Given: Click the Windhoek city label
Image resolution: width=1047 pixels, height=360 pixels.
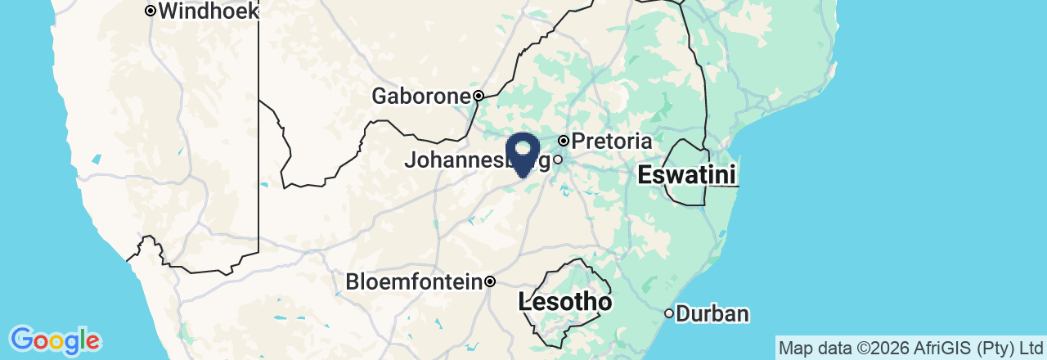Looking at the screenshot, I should point(209,11).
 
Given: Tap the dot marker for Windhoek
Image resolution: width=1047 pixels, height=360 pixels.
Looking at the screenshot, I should point(151,11).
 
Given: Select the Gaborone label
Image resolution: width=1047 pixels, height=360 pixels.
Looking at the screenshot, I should point(421,97).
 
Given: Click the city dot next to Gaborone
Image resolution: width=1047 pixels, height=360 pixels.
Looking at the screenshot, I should point(479,96).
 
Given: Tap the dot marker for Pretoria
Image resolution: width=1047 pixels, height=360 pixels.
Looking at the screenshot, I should point(564,142).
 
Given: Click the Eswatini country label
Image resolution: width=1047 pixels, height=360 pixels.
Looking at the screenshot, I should point(686,174).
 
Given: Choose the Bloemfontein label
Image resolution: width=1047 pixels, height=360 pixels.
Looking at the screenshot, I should point(413,282).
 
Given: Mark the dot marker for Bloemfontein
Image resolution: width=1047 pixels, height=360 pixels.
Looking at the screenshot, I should point(490,282).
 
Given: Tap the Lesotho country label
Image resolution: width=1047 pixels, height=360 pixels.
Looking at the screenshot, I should point(565,303).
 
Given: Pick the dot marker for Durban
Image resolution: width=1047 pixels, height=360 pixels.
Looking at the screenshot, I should point(669,313).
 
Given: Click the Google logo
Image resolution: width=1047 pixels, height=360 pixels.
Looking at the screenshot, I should point(55,340).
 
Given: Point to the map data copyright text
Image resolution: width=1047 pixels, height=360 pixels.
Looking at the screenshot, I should point(910,349).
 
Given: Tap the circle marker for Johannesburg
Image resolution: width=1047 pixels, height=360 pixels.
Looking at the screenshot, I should point(558,160).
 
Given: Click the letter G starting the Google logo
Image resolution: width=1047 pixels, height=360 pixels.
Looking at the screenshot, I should point(22,339).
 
